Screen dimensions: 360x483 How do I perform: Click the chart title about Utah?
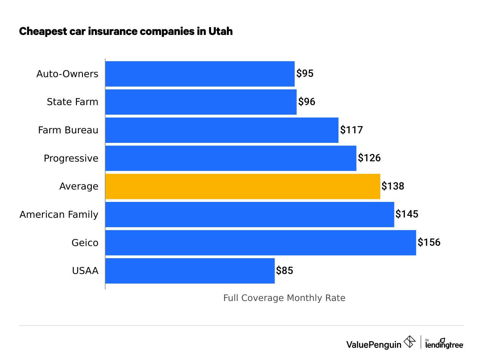[126, 31]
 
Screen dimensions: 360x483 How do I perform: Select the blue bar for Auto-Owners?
[200, 74]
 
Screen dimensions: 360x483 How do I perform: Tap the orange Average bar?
[242, 186]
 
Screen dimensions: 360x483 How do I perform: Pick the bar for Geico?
[261, 243]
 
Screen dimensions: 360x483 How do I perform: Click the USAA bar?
[190, 271]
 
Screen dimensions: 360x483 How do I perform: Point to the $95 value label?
[305, 74]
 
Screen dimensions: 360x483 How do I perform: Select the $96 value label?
[307, 102]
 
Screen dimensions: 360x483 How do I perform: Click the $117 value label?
[351, 130]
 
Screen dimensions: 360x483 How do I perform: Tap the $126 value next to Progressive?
[369, 158]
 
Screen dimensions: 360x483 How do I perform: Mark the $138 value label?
[393, 186]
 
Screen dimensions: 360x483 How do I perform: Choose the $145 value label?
[407, 214]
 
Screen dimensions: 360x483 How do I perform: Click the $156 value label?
[429, 243]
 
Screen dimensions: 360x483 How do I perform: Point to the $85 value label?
[284, 271]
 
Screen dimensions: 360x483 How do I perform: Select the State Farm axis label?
[72, 102]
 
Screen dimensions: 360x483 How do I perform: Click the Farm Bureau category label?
[68, 130]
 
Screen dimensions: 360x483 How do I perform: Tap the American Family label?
[59, 215]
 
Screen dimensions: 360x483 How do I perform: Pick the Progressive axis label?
[71, 158]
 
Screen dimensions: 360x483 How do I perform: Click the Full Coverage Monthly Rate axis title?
[284, 298]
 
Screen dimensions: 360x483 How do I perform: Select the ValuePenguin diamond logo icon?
[409, 342]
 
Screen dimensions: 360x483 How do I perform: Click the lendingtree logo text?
[444, 344]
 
